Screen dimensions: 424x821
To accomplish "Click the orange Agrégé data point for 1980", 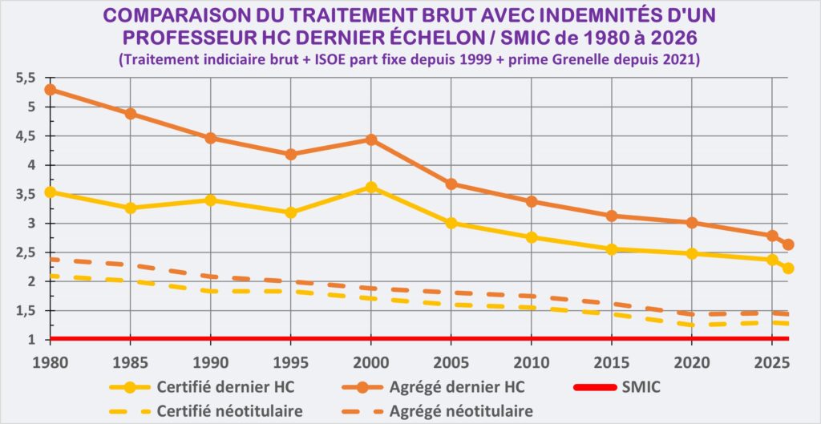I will (x=50, y=90).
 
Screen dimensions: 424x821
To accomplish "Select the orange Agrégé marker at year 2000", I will (x=370, y=139).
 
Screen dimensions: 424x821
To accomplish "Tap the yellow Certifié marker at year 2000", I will (x=370, y=187).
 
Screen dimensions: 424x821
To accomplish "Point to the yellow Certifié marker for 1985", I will (x=130, y=208).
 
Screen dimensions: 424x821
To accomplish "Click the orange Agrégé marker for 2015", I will (x=611, y=216).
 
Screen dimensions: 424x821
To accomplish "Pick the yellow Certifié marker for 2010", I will (x=531, y=237).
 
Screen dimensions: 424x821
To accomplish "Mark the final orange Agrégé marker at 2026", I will (x=788, y=244).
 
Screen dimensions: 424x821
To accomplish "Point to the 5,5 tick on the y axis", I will (x=26, y=78).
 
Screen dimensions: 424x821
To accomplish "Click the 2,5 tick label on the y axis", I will (x=26, y=252).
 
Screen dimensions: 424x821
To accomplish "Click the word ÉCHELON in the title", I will (x=502, y=38).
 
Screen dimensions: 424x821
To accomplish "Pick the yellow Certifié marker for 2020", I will (x=691, y=253).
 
